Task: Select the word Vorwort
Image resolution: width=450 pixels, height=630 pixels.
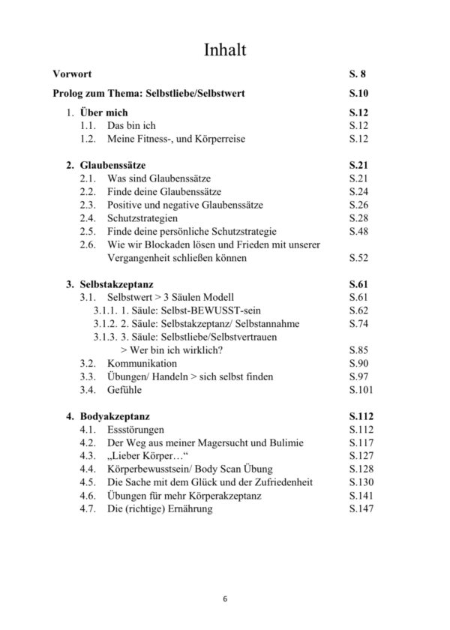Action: (73, 74)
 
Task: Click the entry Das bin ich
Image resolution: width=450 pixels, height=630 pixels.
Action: (131, 126)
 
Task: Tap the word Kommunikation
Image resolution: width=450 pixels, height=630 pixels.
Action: (145, 363)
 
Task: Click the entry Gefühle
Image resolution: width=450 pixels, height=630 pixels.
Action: (124, 389)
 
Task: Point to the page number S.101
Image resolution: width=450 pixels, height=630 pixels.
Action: (361, 389)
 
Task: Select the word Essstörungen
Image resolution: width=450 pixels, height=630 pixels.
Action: (139, 430)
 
